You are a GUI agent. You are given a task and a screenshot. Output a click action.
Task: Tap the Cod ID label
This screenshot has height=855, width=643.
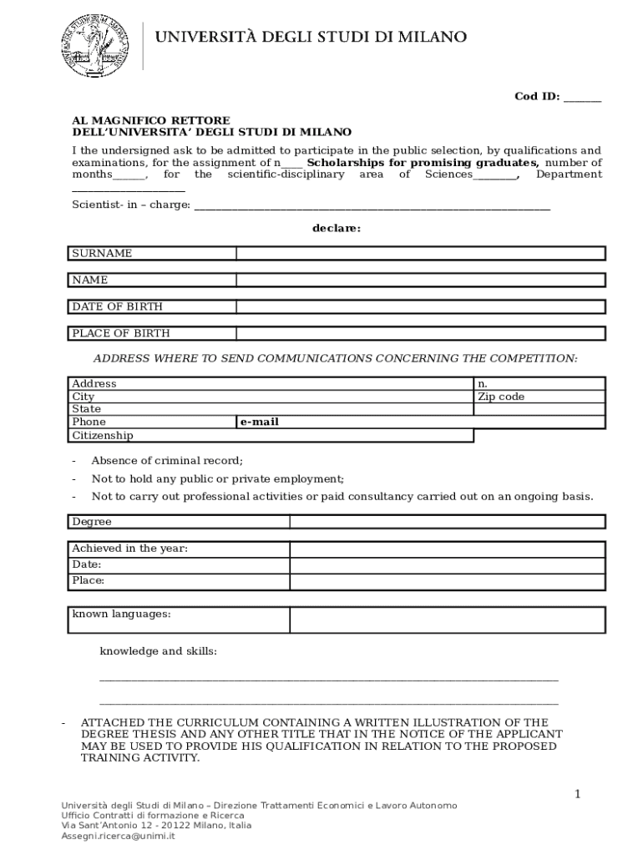tap(537, 96)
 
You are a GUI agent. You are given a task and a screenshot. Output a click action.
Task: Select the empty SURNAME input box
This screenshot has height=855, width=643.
tap(420, 253)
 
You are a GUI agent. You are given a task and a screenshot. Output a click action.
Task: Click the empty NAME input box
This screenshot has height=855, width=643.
tap(420, 280)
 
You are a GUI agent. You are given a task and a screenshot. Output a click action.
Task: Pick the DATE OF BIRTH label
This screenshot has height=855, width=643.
tap(117, 306)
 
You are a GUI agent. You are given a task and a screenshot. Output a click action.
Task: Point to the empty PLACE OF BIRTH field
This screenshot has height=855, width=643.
tap(420, 333)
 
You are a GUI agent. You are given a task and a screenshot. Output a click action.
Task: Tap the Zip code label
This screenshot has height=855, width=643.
tap(501, 397)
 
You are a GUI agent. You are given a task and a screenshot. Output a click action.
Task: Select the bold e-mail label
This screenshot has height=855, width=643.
tap(260, 422)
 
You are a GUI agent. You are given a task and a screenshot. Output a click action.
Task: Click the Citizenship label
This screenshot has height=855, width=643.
tap(102, 435)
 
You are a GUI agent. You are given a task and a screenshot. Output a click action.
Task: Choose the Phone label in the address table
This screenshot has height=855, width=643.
tap(89, 422)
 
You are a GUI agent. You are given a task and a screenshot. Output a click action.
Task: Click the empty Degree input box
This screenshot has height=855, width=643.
tap(447, 522)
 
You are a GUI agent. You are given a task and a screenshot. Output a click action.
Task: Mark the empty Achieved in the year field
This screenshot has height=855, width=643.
tap(447, 549)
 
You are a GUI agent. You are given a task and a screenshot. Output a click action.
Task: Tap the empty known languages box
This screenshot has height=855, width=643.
tap(447, 620)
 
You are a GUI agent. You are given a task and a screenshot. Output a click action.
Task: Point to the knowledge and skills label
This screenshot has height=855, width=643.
tap(159, 650)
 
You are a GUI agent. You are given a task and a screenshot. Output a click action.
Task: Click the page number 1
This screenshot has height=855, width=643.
tap(576, 793)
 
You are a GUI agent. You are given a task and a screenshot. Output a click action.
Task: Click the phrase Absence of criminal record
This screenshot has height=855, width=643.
tap(167, 460)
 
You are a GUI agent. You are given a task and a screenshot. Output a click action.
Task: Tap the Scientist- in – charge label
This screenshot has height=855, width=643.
tap(131, 205)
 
